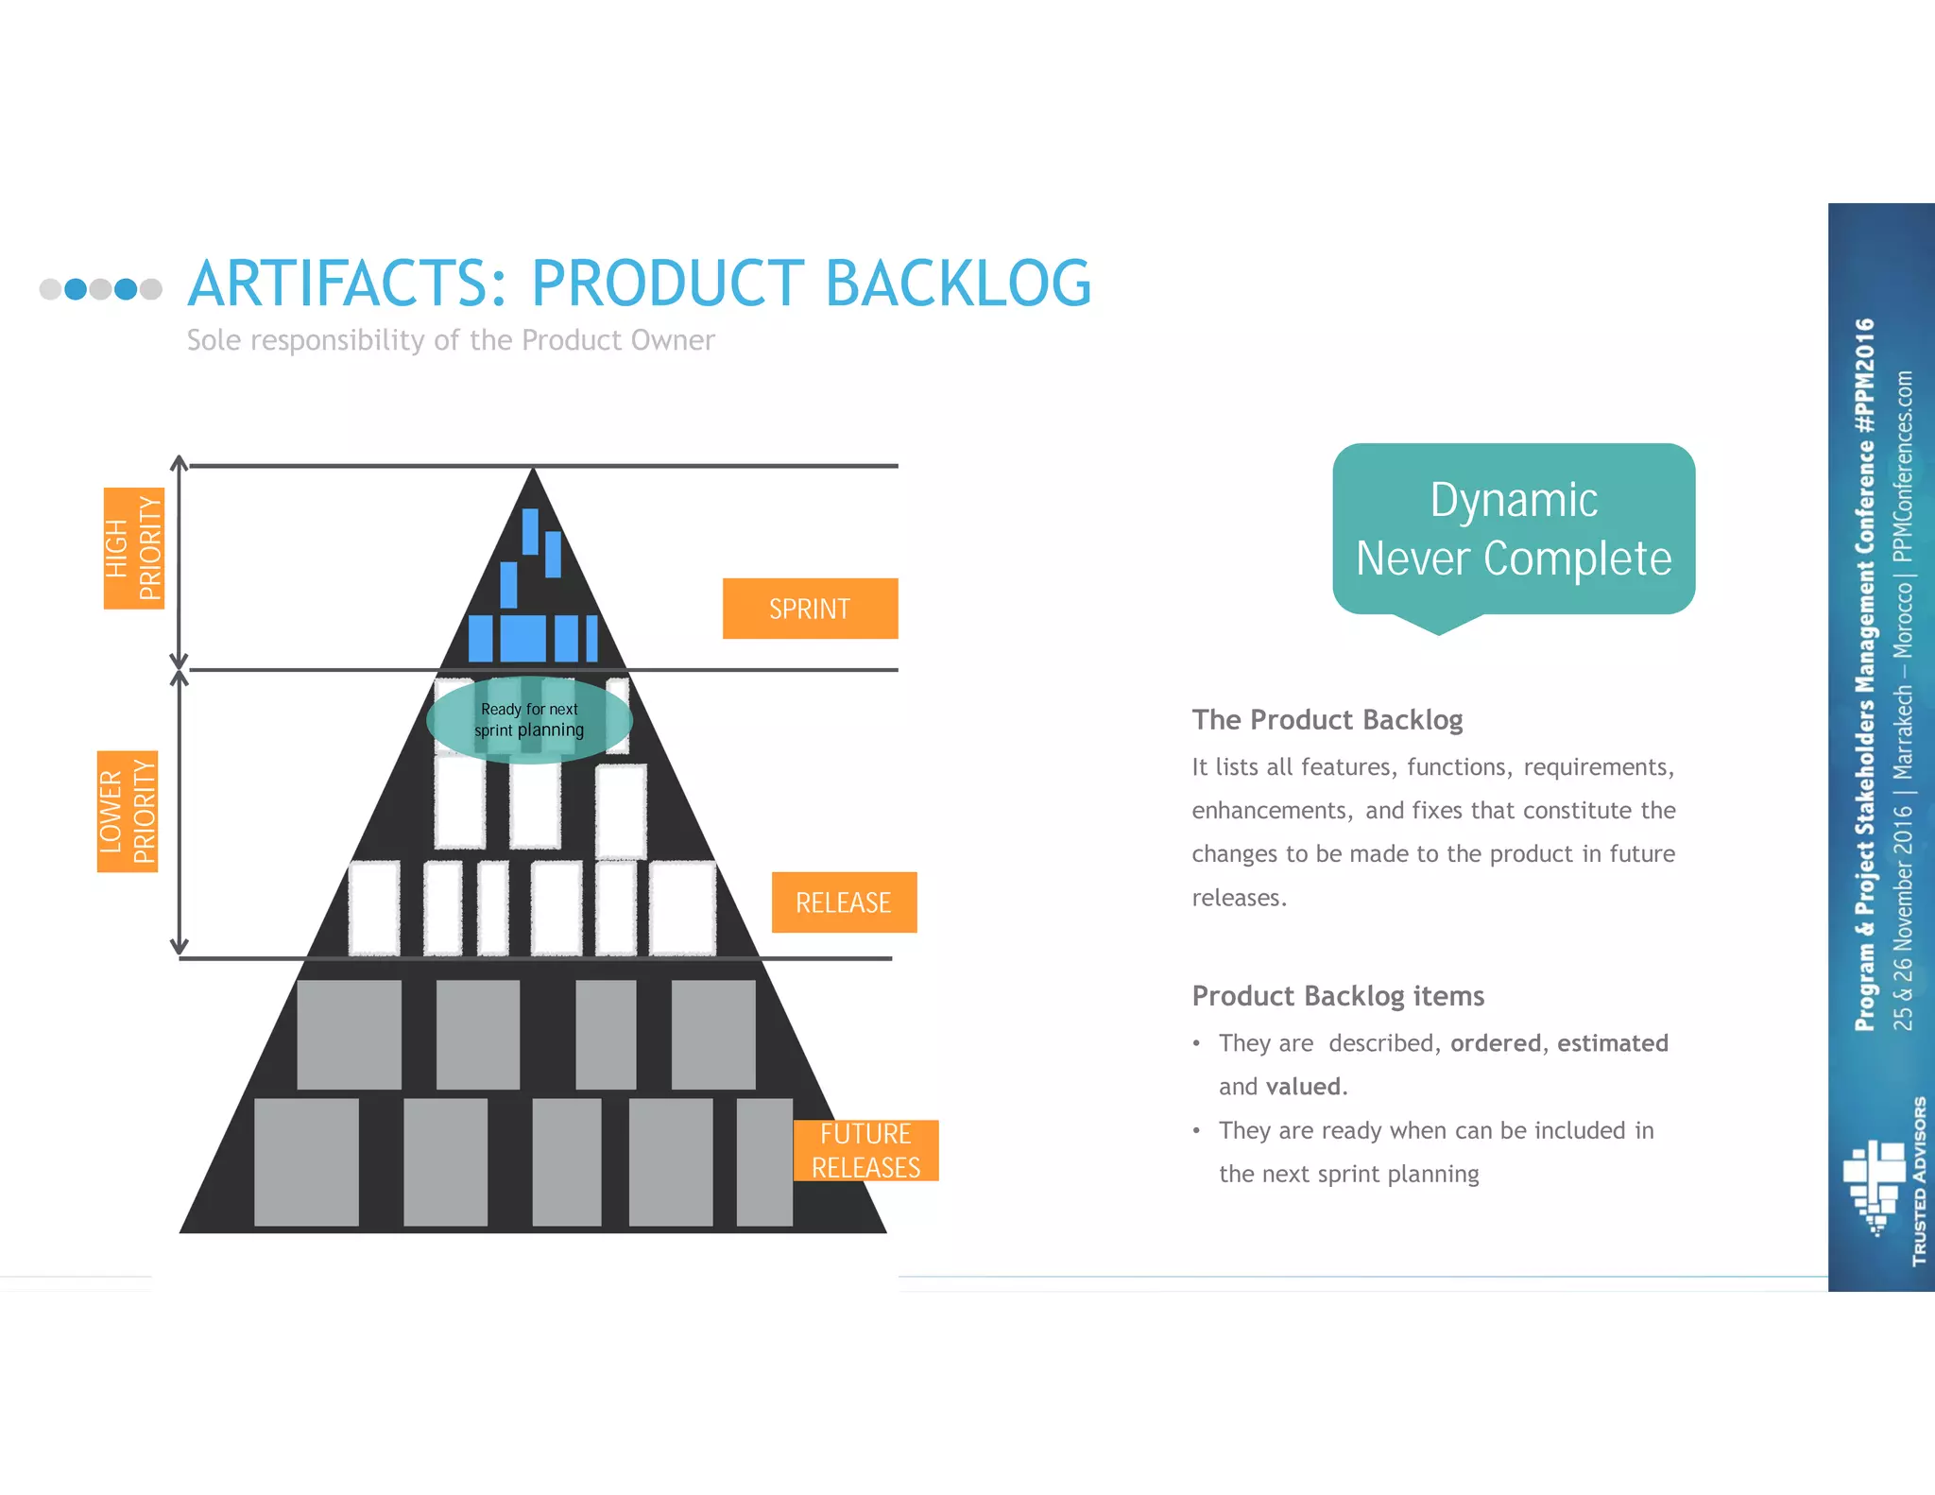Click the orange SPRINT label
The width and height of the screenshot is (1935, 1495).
tap(810, 609)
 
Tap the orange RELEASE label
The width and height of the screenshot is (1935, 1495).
tap(844, 902)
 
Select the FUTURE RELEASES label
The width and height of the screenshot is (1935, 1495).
tap(865, 1150)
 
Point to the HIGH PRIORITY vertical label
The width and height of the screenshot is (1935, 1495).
tap(133, 548)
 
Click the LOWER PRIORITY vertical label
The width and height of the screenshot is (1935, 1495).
tap(128, 811)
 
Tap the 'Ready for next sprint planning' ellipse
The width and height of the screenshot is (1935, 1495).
tap(529, 720)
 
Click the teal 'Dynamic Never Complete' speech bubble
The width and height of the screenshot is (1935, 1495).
tap(1514, 529)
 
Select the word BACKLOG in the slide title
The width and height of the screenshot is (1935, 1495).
tap(958, 284)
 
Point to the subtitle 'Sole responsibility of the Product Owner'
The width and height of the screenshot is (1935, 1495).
tap(451, 340)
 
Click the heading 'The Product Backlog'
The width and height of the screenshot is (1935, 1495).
tap(1327, 720)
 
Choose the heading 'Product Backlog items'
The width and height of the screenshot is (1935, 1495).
tap(1338, 996)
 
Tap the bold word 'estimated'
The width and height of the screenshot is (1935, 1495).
tap(1612, 1043)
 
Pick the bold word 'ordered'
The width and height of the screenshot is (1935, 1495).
tap(1496, 1043)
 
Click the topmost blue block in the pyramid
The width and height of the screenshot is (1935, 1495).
tap(530, 530)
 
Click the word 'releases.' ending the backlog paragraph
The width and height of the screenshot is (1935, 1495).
tap(1239, 898)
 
